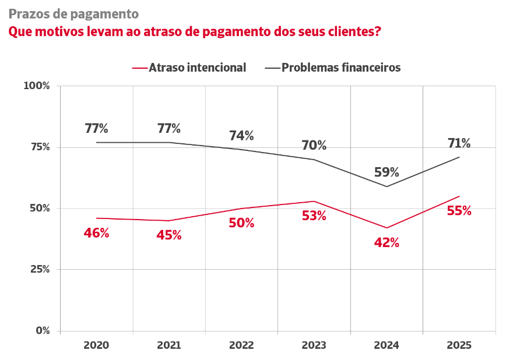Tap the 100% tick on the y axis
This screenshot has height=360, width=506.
(37, 86)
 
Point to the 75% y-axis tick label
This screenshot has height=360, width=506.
(39, 147)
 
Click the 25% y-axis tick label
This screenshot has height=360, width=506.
(39, 269)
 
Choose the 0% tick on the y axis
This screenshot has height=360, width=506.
(43, 330)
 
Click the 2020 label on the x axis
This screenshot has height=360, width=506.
(96, 345)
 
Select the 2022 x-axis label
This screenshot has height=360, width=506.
(241, 345)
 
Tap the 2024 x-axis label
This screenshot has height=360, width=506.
(386, 345)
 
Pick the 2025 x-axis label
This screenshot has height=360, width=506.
(459, 345)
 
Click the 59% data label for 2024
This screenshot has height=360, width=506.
(386, 172)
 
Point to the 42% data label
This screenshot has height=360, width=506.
(386, 243)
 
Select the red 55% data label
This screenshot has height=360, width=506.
(459, 211)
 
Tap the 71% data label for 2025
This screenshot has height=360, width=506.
(459, 143)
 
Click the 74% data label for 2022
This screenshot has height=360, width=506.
(241, 136)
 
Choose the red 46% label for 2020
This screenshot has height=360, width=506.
(96, 233)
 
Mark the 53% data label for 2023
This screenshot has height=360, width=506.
(314, 216)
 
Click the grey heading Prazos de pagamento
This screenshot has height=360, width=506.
(73, 13)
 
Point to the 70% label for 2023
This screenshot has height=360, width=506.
(314, 146)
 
